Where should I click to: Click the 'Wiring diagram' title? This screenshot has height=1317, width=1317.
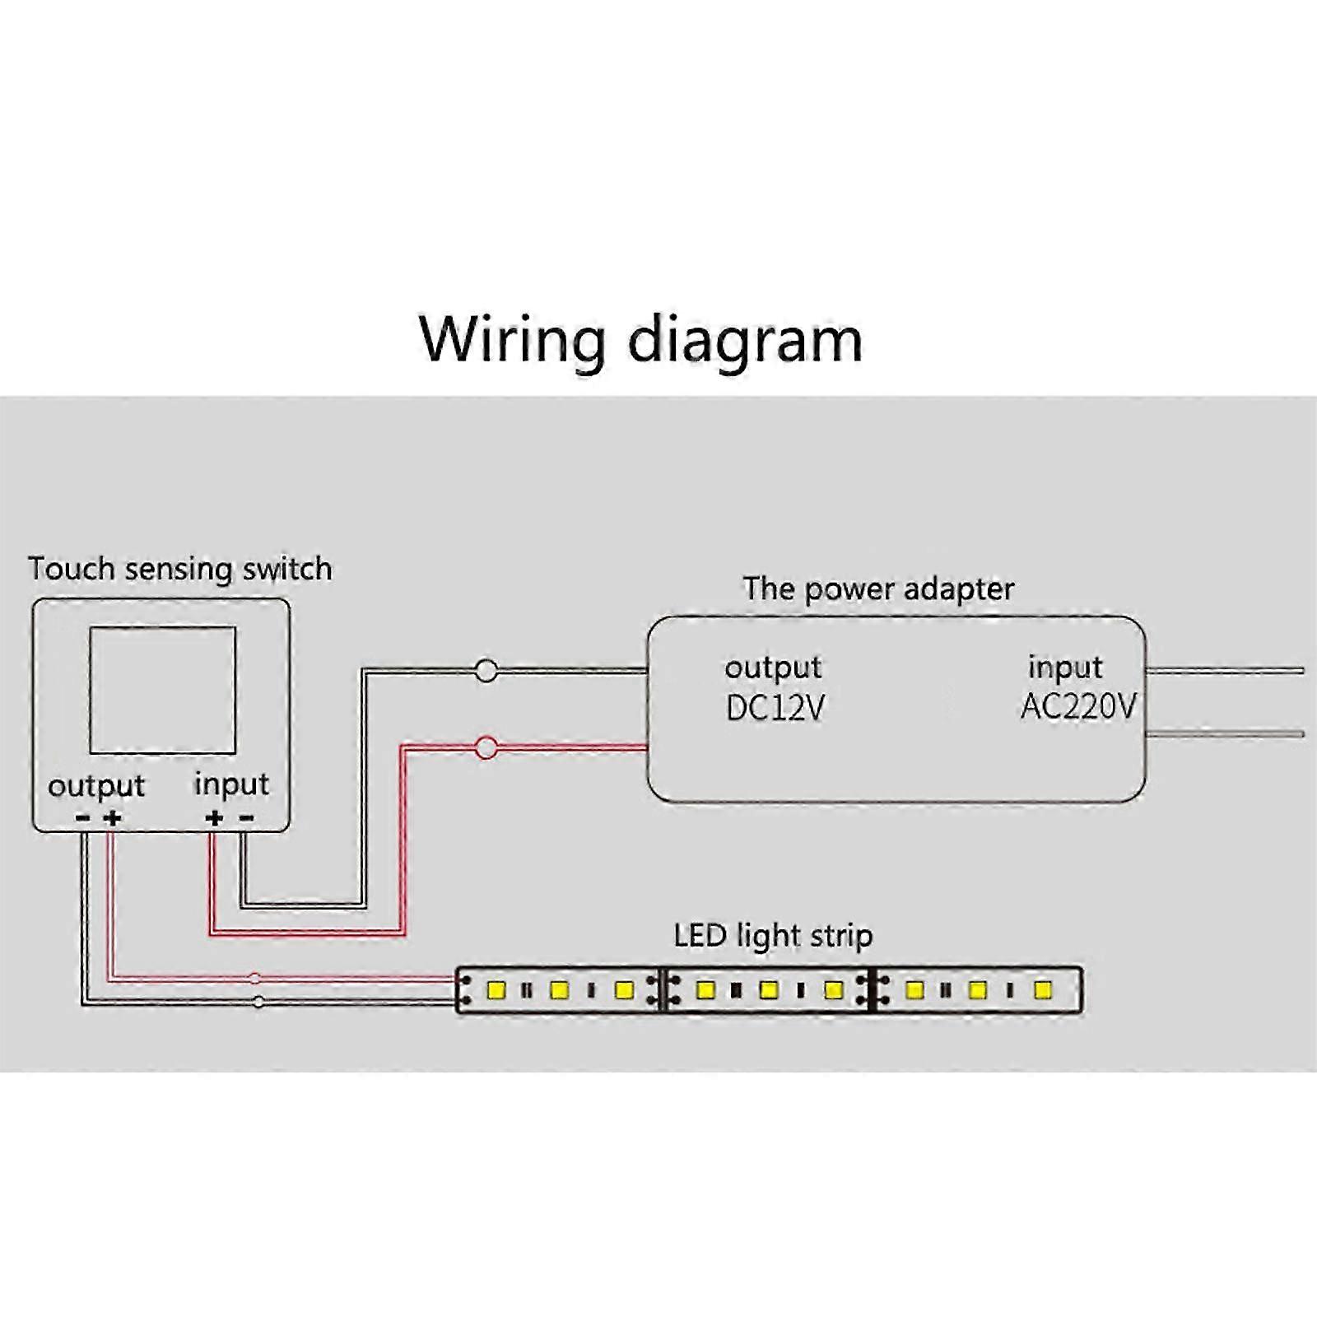pyautogui.click(x=640, y=339)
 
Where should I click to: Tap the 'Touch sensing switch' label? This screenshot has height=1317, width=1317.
pyautogui.click(x=179, y=569)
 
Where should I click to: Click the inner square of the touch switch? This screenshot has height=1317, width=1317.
pyautogui.click(x=162, y=690)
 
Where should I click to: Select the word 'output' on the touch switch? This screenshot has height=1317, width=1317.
pyautogui.click(x=96, y=786)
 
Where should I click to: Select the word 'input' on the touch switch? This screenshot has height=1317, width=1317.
pyautogui.click(x=231, y=784)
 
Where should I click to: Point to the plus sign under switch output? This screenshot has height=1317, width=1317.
pyautogui.click(x=113, y=817)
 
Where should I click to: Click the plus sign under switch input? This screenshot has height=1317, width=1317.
pyautogui.click(x=214, y=817)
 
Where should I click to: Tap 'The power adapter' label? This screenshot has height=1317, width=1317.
pyautogui.click(x=877, y=589)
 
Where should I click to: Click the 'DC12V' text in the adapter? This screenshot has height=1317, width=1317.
pyautogui.click(x=775, y=707)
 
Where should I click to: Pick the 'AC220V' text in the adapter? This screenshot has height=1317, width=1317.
pyautogui.click(x=1077, y=706)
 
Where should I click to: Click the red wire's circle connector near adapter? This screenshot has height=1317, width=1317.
pyautogui.click(x=486, y=748)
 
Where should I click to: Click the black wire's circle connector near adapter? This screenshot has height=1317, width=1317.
pyautogui.click(x=486, y=672)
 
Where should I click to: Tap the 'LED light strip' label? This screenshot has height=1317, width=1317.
pyautogui.click(x=773, y=936)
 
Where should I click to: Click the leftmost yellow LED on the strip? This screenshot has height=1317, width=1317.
pyautogui.click(x=496, y=989)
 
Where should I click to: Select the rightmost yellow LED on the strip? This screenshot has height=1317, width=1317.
pyautogui.click(x=1042, y=989)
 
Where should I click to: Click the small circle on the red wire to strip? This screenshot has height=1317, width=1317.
pyautogui.click(x=255, y=979)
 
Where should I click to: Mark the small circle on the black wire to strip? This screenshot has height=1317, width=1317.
pyautogui.click(x=258, y=1002)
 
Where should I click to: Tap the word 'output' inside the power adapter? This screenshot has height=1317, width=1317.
pyautogui.click(x=773, y=668)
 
